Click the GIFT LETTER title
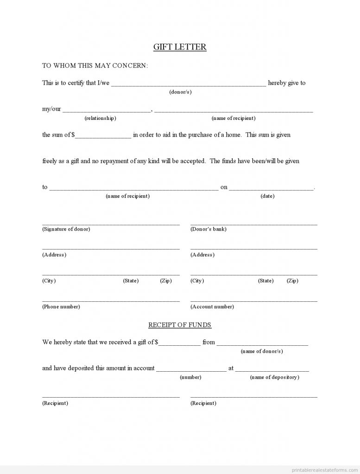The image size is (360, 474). (x=180, y=47)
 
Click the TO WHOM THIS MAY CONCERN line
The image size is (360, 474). (x=95, y=66)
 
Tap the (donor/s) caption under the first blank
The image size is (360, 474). (x=180, y=92)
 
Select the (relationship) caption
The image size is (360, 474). (x=100, y=118)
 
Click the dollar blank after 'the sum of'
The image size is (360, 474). (x=103, y=135)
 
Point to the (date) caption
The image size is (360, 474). (x=267, y=196)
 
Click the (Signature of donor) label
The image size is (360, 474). (x=66, y=229)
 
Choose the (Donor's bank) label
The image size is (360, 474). (x=208, y=229)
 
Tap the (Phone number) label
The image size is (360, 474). (x=61, y=306)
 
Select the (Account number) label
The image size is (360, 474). (x=212, y=306)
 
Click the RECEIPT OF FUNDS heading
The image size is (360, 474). (x=180, y=325)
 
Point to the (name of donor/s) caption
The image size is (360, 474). (x=262, y=351)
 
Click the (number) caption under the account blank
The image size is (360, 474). (x=190, y=377)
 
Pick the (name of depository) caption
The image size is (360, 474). (x=274, y=377)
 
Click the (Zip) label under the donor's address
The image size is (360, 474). (x=166, y=281)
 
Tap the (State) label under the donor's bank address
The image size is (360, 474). (x=266, y=281)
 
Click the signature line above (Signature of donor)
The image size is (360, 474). (x=111, y=224)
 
